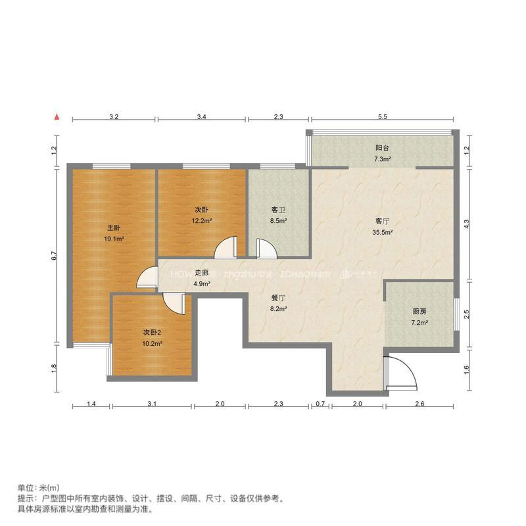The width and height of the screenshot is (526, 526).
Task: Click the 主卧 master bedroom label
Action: pos(114,227)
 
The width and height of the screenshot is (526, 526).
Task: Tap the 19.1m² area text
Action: pos(114,239)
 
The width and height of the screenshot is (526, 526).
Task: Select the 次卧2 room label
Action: pos(152,332)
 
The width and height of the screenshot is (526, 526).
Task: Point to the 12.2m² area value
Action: pos(201,221)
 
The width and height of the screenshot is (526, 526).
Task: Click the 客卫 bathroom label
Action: pos(278,210)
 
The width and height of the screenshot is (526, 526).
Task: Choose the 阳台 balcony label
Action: pos(383,149)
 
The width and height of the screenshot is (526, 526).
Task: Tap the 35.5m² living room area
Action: pos(383,232)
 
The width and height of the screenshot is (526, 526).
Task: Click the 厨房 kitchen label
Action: pos(419,312)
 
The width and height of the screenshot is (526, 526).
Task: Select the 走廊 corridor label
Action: pos(202,273)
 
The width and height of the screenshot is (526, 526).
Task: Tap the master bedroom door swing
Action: pos(147,279)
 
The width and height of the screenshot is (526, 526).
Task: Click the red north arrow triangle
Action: pos(58,117)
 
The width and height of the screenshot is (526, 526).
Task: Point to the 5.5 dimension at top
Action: pos(383,117)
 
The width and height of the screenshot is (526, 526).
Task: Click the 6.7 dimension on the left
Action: pos(55,254)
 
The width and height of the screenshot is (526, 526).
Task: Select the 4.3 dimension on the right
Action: pos(467,223)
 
